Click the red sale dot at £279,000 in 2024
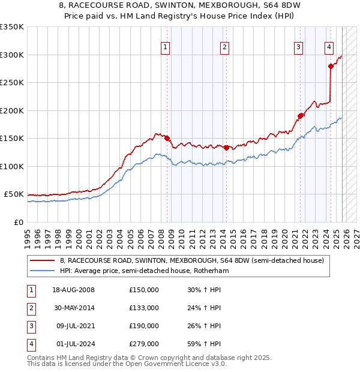click(x=331, y=67)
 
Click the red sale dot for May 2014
click(x=226, y=148)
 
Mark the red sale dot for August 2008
click(x=167, y=138)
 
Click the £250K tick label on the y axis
click(x=12, y=83)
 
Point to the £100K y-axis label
click(x=12, y=166)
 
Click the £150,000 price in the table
click(x=144, y=290)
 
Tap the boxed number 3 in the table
click(x=31, y=326)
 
